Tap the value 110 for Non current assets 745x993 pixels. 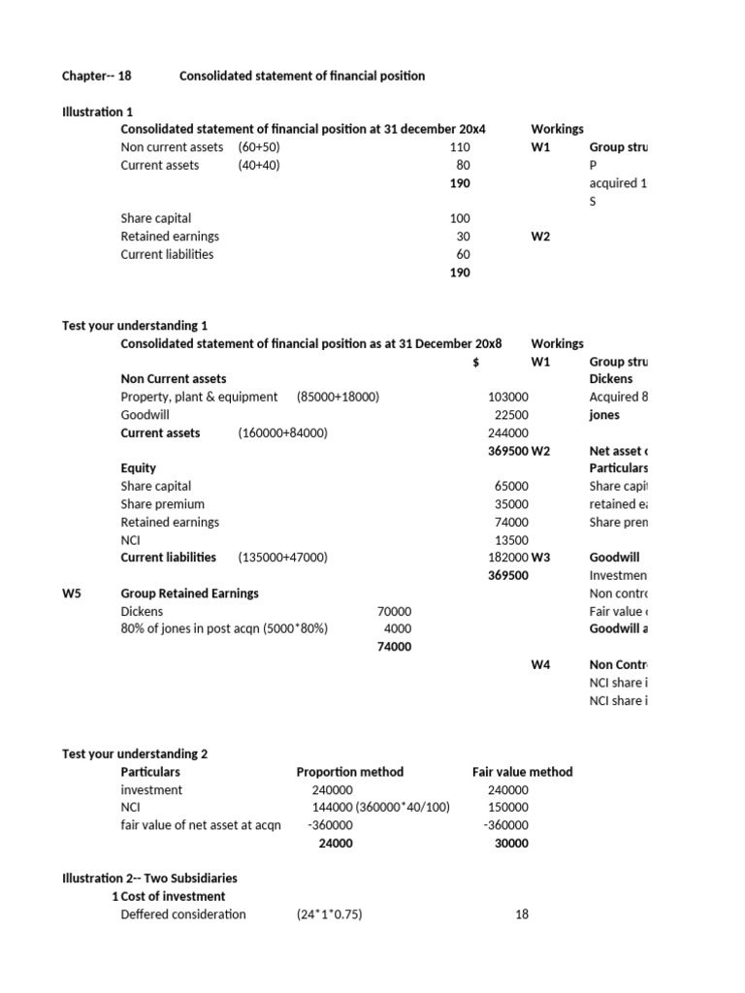coord(459,147)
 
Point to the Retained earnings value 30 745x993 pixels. coord(462,237)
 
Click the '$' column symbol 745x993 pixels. coord(475,362)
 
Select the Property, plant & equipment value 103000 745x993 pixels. coord(507,397)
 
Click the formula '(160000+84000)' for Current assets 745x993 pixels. coord(282,432)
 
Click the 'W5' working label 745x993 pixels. coord(73,593)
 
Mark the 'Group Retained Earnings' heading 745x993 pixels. coord(189,593)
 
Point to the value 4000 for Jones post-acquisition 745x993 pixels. coord(398,628)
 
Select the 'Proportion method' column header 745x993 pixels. coord(349,772)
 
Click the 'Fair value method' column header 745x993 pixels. coord(522,772)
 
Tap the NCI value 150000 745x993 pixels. coord(507,808)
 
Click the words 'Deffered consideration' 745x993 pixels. coord(183,914)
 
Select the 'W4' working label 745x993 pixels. coord(540,664)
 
